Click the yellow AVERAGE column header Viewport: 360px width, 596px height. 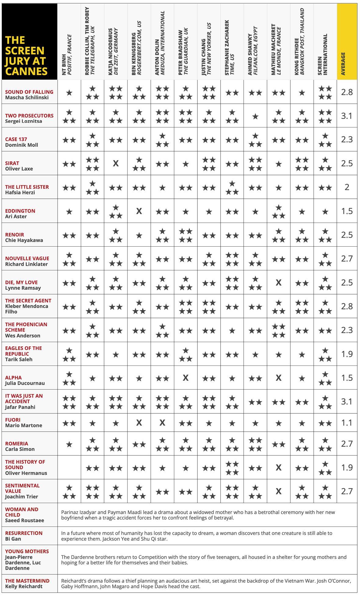coord(347,42)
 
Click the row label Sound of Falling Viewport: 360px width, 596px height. coord(29,92)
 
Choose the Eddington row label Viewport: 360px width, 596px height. coord(20,211)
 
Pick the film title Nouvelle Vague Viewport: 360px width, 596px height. coord(27,259)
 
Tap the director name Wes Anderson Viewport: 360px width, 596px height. coord(23,336)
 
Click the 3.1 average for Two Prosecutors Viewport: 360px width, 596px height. coord(347,116)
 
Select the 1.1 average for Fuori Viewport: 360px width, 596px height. coord(347,423)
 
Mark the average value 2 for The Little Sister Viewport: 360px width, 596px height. coord(347,187)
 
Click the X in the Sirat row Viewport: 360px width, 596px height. coord(116,164)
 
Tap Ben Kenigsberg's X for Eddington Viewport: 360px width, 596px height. coord(139,211)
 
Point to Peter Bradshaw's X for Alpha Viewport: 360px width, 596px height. coord(185,378)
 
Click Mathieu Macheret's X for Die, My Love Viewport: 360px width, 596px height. coord(278,283)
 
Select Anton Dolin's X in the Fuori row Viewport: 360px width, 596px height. coord(162,423)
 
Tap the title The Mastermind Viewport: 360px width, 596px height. coord(27,581)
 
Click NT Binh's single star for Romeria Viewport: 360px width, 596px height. coord(69,444)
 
